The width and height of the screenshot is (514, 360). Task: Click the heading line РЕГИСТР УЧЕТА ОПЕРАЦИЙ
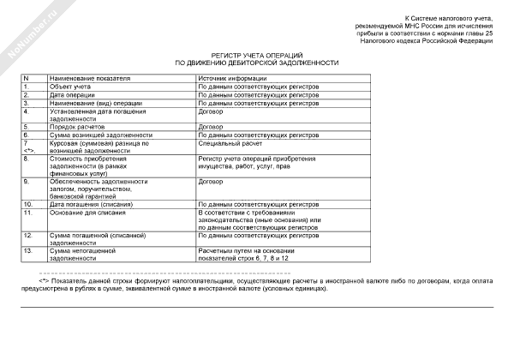pyautogui.click(x=256, y=55)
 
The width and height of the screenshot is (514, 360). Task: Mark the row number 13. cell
pyautogui.click(x=30, y=250)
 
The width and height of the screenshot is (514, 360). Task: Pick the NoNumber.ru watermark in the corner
pyautogui.click(x=27, y=27)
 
